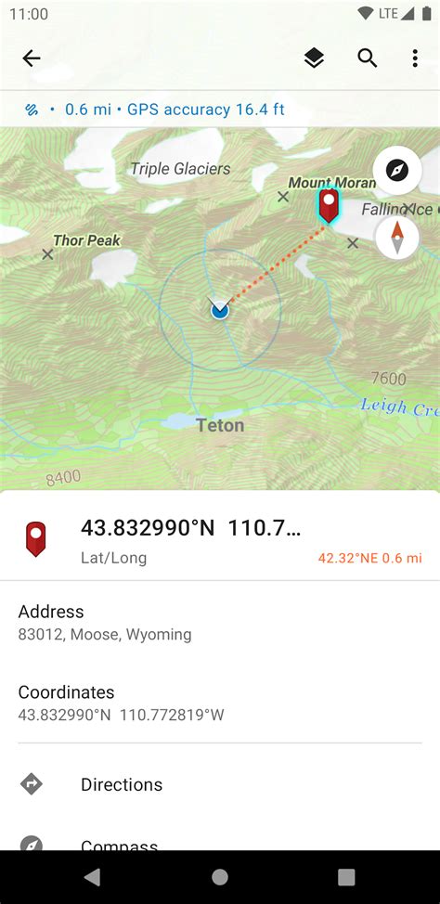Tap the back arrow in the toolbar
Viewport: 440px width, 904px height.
(x=32, y=58)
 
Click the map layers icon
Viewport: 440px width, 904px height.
(x=314, y=58)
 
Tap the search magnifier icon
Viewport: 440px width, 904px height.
(x=368, y=58)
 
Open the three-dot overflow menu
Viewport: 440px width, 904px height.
(x=415, y=58)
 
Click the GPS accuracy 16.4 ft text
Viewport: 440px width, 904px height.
(x=205, y=110)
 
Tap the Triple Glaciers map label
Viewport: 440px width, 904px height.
(x=180, y=168)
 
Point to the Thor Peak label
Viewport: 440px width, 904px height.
(x=86, y=240)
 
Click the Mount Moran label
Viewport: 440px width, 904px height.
(x=331, y=183)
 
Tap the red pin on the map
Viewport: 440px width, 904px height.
(x=329, y=204)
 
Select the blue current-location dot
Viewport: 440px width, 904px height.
(x=219, y=310)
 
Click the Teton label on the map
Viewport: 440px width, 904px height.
(x=220, y=426)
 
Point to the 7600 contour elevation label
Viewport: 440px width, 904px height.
(x=388, y=379)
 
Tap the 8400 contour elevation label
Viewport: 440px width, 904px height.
(x=63, y=477)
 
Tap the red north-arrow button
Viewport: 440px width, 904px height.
(x=397, y=237)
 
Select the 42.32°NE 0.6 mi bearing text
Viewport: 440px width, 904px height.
(x=369, y=558)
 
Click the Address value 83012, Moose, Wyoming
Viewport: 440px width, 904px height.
(x=105, y=635)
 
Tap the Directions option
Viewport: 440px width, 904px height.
(x=122, y=784)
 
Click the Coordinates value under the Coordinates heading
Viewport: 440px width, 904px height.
(x=122, y=716)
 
